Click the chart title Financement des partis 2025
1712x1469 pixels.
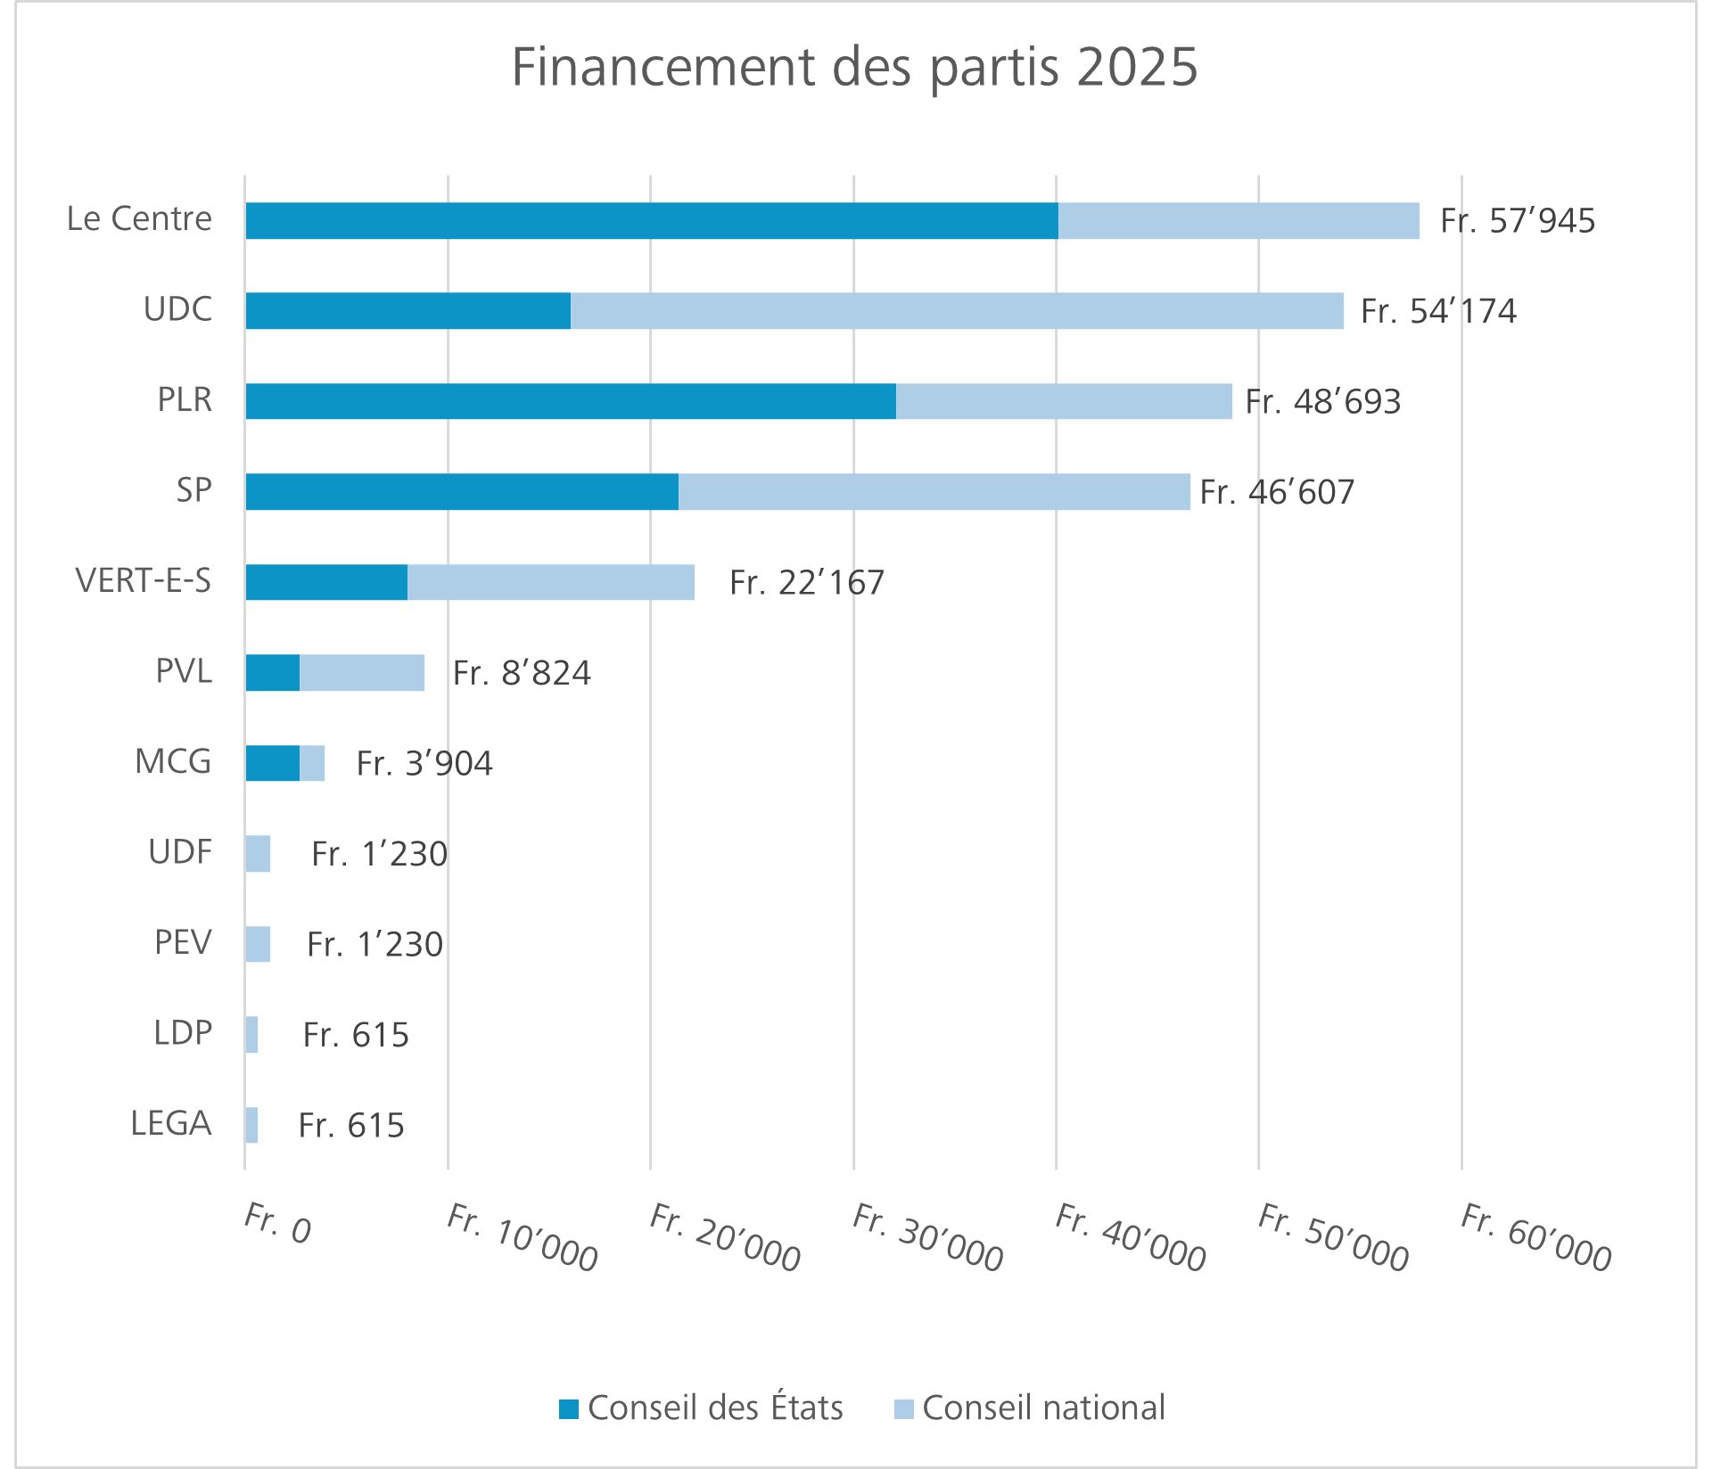854,67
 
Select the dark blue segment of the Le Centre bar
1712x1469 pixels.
651,220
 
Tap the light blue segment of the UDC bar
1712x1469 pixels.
956,310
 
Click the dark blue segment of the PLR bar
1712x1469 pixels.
571,401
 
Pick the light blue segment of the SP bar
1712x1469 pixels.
934,491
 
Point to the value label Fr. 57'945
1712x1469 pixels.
1518,221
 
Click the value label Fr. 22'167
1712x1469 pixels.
806,583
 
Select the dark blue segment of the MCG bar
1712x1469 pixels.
272,763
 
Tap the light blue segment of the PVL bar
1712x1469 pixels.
362,672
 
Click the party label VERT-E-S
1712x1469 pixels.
144,580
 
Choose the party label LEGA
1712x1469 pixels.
171,1123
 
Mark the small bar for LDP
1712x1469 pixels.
251,1034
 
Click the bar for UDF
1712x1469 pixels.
258,853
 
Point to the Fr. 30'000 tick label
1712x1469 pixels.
927,1237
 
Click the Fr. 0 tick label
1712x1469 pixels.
277,1223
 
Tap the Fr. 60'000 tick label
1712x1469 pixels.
1535,1237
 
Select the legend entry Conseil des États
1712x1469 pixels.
701,1407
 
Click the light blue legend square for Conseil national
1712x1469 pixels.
903,1408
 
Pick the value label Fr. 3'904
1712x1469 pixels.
424,764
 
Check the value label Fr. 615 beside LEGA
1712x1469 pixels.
351,1126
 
